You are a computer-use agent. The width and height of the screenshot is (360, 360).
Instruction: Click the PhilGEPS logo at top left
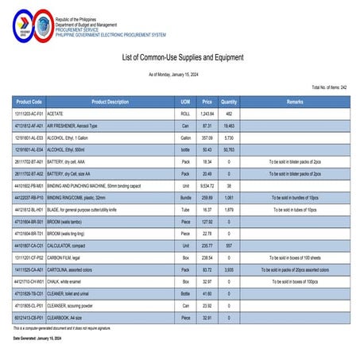pos(30,25)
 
